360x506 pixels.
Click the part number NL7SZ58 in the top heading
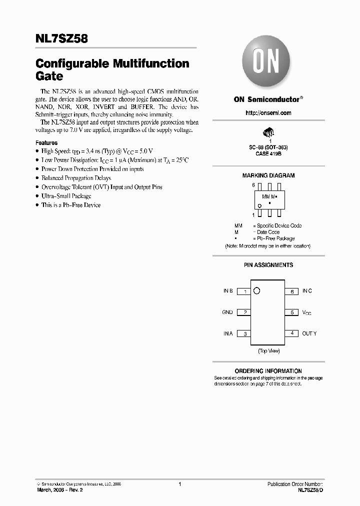coord(61,38)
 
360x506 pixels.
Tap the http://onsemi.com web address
coord(268,113)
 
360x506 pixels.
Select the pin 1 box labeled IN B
coord(243,291)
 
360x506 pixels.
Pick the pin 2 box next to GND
coord(243,312)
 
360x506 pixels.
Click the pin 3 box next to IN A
coord(243,334)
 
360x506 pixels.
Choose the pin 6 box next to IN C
coord(291,291)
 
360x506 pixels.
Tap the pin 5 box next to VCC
coord(291,312)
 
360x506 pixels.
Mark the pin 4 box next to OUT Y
coord(291,333)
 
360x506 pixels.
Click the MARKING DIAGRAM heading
coord(268,175)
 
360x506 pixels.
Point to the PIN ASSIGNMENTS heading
coord(268,265)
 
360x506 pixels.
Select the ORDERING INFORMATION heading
coord(268,371)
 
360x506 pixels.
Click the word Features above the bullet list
coord(46,142)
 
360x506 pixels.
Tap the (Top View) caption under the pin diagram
coord(268,351)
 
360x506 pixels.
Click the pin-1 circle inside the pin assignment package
coord(257,290)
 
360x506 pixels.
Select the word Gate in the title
coord(49,77)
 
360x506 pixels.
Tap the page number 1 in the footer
coord(179,484)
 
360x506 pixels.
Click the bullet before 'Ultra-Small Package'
coord(37,196)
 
